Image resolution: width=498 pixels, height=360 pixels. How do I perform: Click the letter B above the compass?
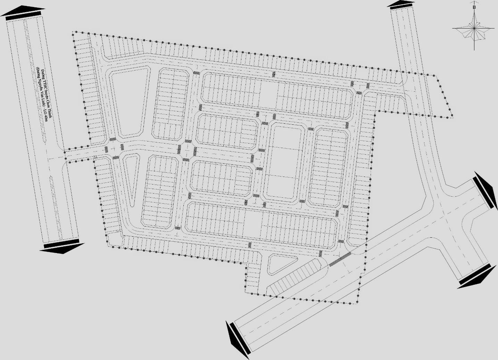(x=474, y=7)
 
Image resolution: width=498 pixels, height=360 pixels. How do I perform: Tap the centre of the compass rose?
(x=474, y=28)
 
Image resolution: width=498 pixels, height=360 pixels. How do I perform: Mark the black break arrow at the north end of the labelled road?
(x=23, y=13)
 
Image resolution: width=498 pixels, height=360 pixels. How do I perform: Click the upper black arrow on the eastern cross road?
(x=484, y=189)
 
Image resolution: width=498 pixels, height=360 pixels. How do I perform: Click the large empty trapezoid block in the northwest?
(x=130, y=101)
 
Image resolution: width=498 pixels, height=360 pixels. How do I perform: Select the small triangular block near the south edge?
(x=281, y=264)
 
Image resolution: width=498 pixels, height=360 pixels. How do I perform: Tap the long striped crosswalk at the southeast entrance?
(x=340, y=259)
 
